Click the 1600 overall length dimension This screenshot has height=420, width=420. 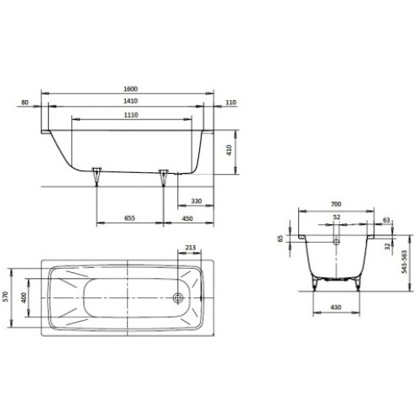[x=130, y=89]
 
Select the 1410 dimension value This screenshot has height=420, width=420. [x=130, y=101]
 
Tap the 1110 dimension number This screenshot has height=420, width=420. [x=131, y=115]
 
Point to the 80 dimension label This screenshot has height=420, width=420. [x=25, y=102]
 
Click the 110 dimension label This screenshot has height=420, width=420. [x=231, y=102]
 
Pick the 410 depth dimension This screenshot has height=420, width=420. [x=229, y=150]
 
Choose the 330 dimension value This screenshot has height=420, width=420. [x=197, y=201]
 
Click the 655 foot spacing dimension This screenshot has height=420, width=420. [x=129, y=218]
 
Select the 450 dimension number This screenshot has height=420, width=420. [x=187, y=218]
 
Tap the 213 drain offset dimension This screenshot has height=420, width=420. [x=191, y=248]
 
